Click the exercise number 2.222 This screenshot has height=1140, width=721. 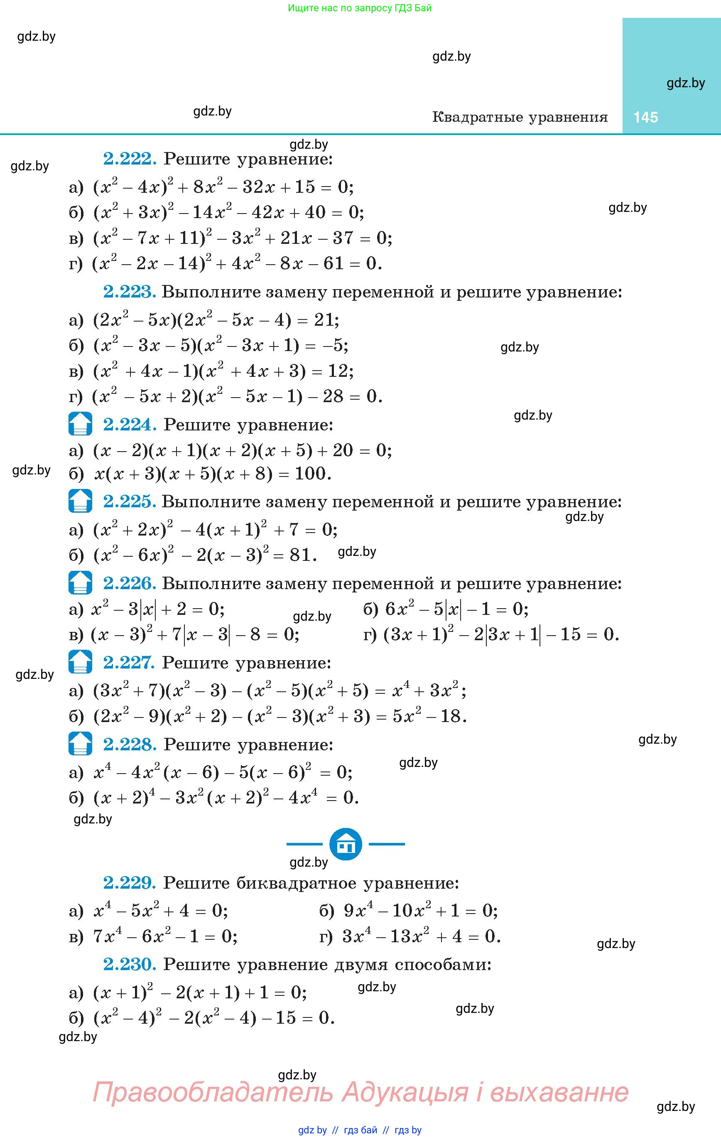(x=129, y=159)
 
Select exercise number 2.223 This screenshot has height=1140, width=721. (x=129, y=292)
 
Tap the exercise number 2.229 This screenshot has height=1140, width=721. (x=129, y=882)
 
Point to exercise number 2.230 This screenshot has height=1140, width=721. (x=129, y=964)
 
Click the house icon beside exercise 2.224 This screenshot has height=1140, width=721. (x=80, y=424)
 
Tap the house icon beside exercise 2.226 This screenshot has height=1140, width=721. (x=80, y=583)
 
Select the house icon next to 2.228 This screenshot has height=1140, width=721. (x=80, y=744)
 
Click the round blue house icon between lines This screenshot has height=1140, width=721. (x=346, y=844)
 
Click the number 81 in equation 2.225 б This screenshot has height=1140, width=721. (x=300, y=555)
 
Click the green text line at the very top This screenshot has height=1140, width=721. (x=359, y=8)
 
